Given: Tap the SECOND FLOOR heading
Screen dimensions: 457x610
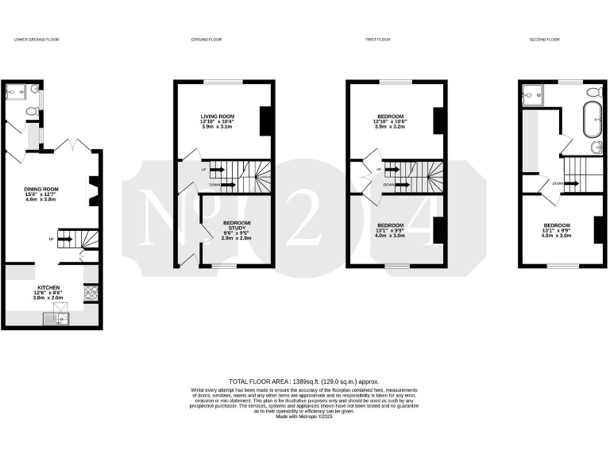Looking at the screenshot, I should click(544, 39).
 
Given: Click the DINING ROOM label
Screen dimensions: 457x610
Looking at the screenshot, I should click(41, 189).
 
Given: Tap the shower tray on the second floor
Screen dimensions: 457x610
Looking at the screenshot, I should click(532, 95).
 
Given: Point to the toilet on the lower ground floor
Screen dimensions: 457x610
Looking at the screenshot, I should click(32, 112).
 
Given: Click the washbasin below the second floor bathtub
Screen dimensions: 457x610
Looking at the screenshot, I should click(597, 148).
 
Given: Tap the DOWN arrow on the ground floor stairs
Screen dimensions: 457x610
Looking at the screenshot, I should click(222, 185).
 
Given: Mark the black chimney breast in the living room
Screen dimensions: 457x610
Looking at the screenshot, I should click(267, 121).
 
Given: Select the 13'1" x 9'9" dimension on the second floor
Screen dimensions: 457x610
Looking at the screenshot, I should click(556, 230).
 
